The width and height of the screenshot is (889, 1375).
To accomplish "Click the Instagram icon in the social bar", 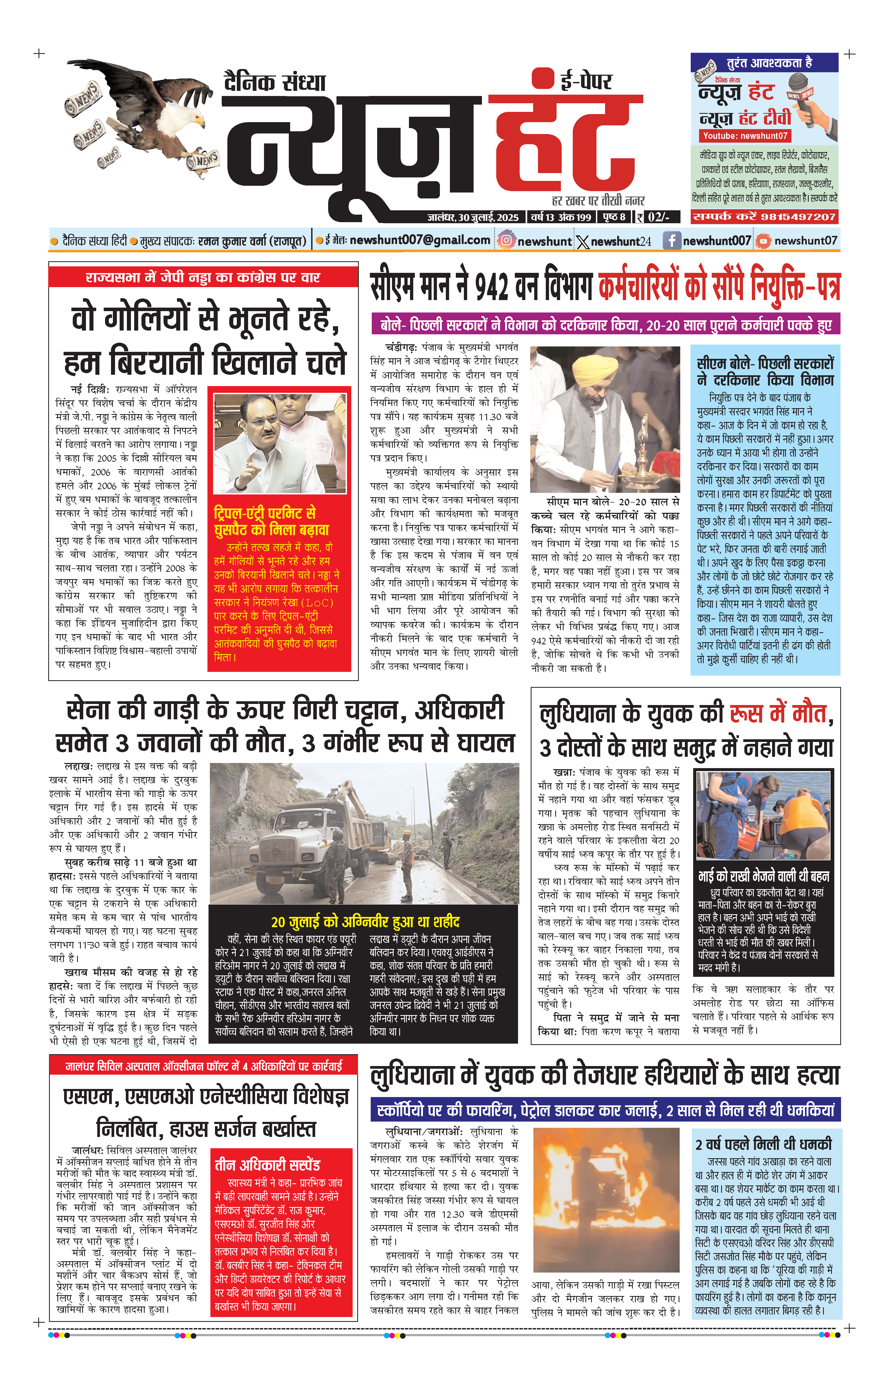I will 506,240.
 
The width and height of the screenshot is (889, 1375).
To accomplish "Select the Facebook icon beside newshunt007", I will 671,240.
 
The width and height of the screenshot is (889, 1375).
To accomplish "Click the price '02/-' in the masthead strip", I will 658,217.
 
